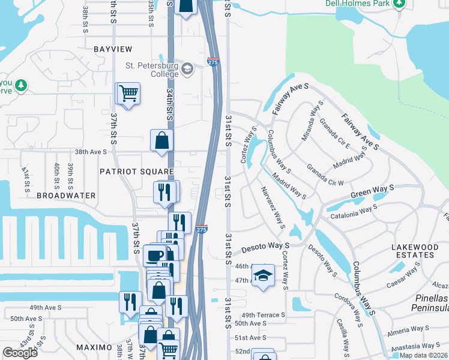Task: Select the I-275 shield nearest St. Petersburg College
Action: pyautogui.click(x=212, y=62)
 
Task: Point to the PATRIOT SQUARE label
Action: pyautogui.click(x=136, y=171)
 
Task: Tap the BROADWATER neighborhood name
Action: pyautogui.click(x=66, y=196)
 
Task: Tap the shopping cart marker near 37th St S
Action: pyautogui.click(x=128, y=94)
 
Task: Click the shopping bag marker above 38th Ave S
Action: pyautogui.click(x=162, y=141)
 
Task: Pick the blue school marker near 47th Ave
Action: pyautogui.click(x=262, y=276)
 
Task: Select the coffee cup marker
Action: pyautogui.click(x=155, y=255)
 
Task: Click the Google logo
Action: pyautogui.click(x=20, y=353)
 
